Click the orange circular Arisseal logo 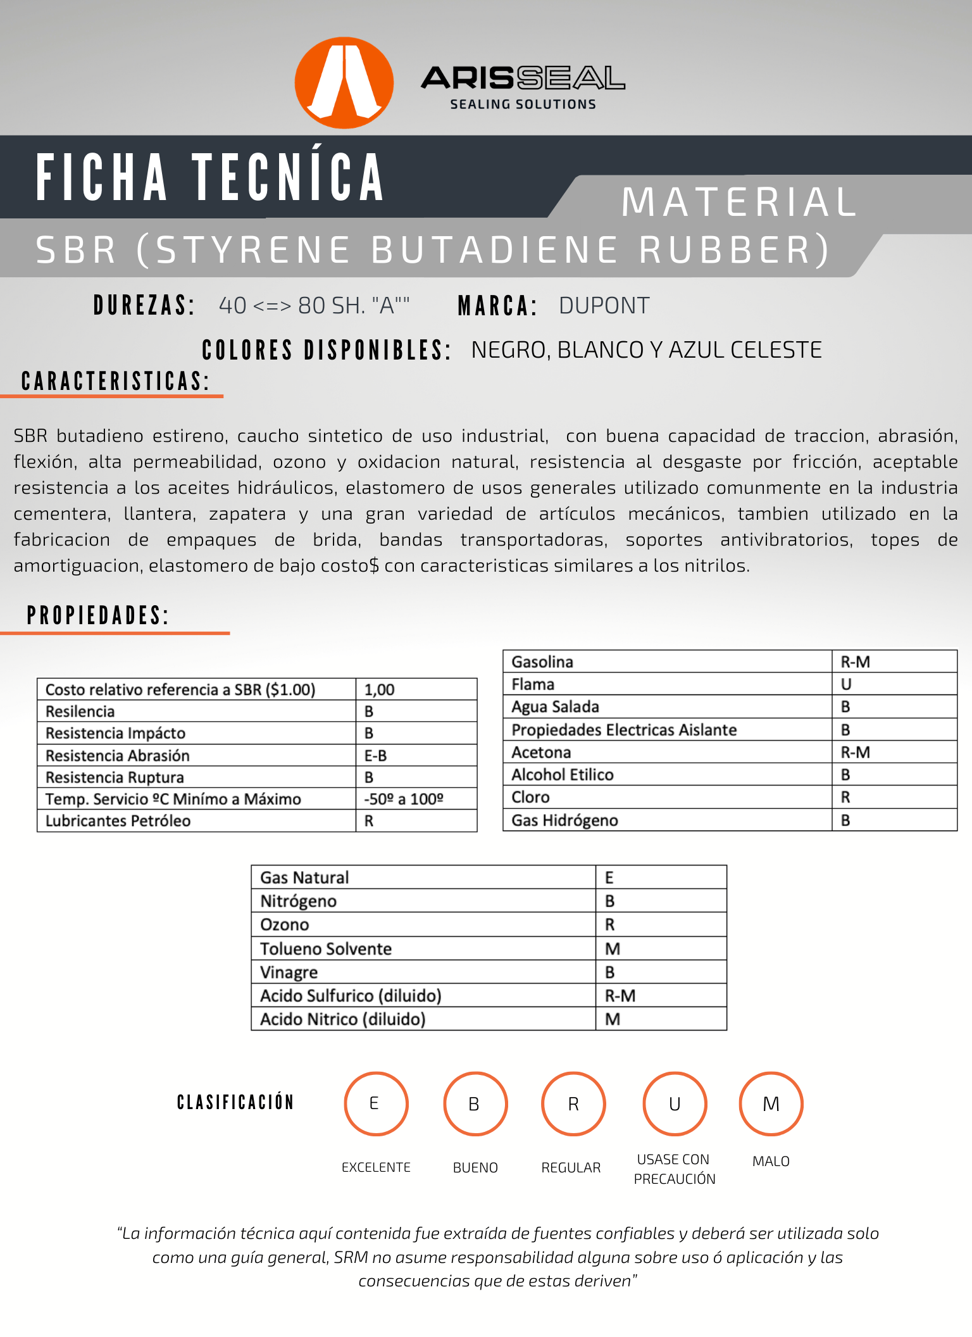[x=344, y=82]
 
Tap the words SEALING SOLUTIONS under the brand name [x=523, y=104]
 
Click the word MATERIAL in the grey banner [x=739, y=203]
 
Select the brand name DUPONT [x=604, y=306]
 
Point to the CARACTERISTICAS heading [x=115, y=382]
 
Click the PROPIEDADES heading [x=98, y=615]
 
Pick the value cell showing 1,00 [x=380, y=689]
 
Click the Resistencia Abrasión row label [x=118, y=755]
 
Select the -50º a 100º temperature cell [x=404, y=799]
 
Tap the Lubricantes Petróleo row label [x=118, y=821]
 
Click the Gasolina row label [x=542, y=662]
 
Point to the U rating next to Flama [x=846, y=684]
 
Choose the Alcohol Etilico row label [x=563, y=775]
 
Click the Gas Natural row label [x=304, y=877]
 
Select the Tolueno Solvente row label [x=326, y=948]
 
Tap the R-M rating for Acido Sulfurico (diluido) [x=620, y=996]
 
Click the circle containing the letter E [x=376, y=1103]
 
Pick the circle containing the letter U [x=675, y=1103]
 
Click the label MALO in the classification [x=771, y=1161]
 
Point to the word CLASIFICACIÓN [x=235, y=1102]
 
